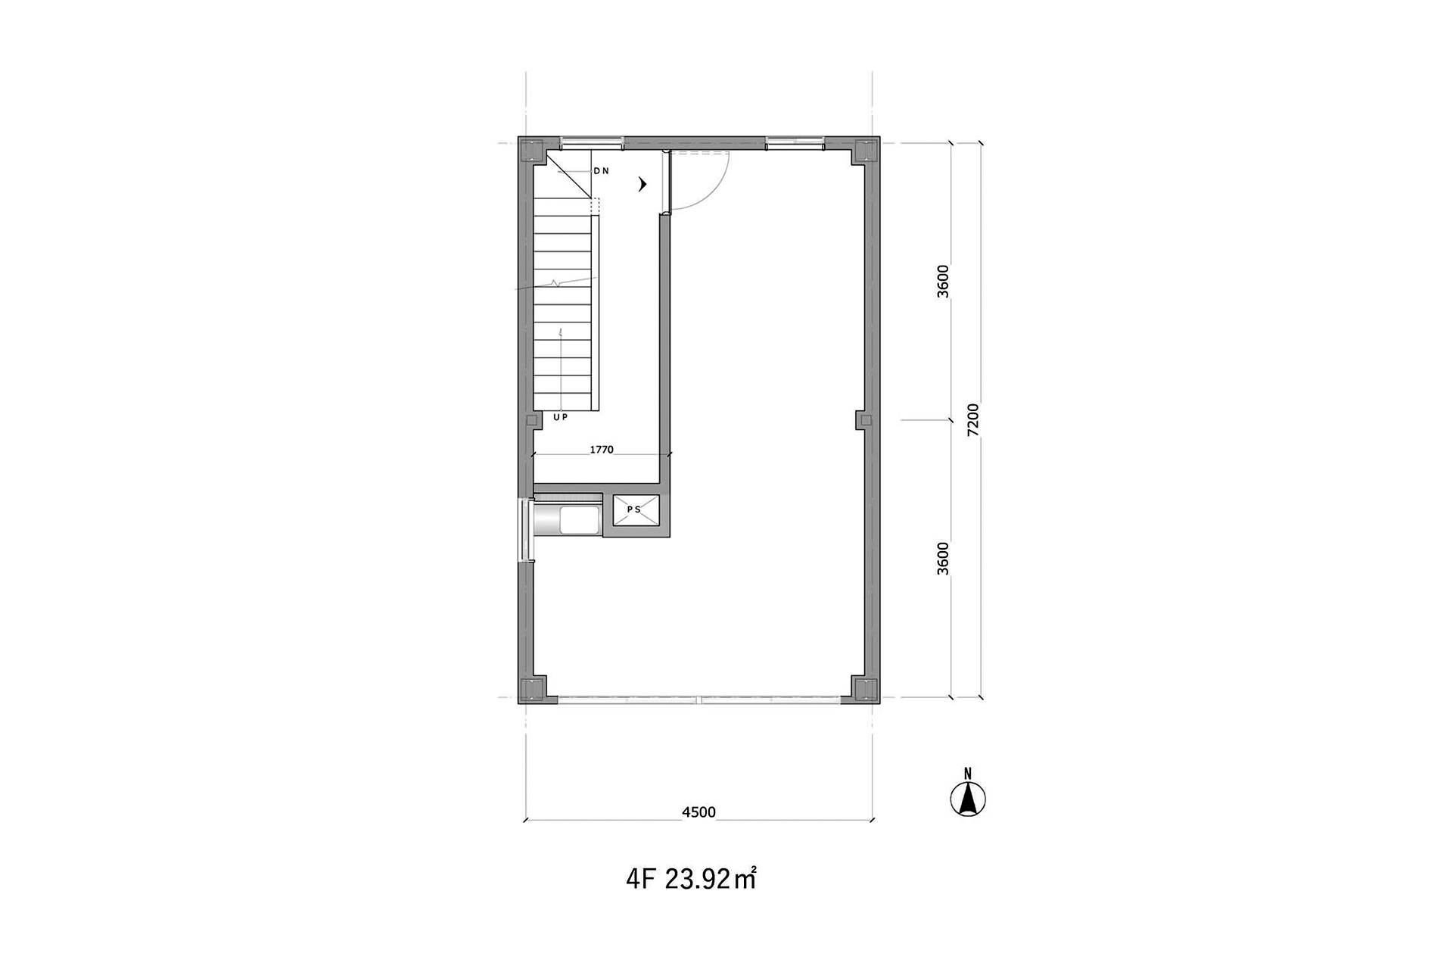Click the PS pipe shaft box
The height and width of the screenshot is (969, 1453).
click(x=636, y=510)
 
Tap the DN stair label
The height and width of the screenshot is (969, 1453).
click(x=601, y=171)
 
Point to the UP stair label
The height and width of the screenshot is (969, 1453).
click(x=560, y=417)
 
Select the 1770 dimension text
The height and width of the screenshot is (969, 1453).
click(x=602, y=450)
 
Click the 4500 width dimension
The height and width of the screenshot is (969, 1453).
click(x=698, y=812)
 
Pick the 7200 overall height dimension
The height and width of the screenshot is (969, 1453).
click(x=973, y=419)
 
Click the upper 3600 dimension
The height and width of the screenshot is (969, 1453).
click(x=943, y=282)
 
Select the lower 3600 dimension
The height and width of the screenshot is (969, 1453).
click(x=943, y=559)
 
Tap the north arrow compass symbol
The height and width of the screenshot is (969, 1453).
click(x=967, y=794)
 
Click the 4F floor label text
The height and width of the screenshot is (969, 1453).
click(x=640, y=880)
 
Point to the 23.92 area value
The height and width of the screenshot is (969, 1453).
click(x=698, y=880)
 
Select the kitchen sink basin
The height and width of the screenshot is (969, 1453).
click(x=578, y=520)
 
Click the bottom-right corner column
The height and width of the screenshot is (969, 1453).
click(x=865, y=690)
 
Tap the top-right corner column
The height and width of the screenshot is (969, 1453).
click(x=865, y=151)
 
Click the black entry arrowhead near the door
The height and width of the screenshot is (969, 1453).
click(x=643, y=184)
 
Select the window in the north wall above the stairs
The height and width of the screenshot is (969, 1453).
click(x=592, y=141)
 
